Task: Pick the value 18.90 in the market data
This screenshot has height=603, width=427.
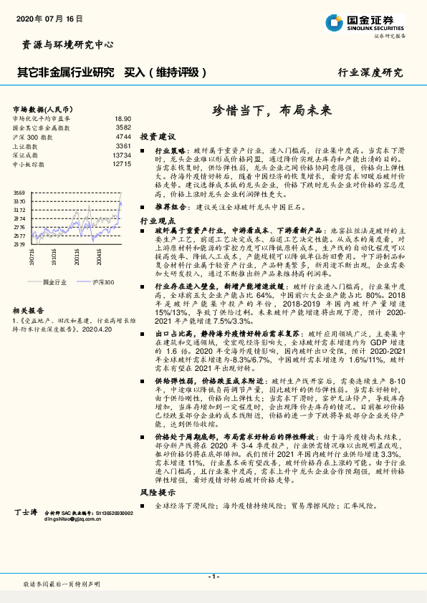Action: (x=123, y=119)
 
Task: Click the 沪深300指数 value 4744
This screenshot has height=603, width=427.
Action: (x=123, y=136)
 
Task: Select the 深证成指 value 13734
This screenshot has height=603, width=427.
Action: (x=121, y=155)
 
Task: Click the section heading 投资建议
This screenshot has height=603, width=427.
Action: (x=158, y=136)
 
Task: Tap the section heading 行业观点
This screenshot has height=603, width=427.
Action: (x=158, y=223)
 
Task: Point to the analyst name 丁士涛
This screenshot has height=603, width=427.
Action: (x=26, y=513)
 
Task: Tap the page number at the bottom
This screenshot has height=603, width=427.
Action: (x=214, y=577)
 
